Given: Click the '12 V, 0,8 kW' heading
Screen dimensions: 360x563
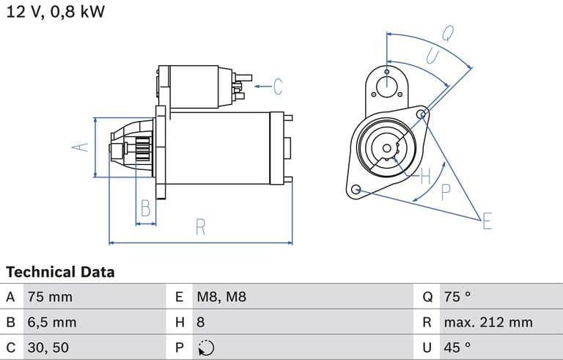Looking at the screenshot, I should (56, 12).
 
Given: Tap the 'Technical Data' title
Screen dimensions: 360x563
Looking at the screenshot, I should (60, 272).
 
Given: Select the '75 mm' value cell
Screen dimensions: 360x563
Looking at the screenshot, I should (51, 298).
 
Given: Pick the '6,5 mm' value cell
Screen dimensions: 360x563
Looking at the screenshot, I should (52, 323).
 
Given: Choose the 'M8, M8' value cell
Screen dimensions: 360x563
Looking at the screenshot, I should (221, 298).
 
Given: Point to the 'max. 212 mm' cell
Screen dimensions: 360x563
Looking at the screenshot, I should (488, 323).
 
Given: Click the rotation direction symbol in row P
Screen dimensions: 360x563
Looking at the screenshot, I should (205, 348).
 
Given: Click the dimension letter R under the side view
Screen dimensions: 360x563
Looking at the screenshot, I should (200, 227).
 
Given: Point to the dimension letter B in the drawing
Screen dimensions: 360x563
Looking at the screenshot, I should (146, 209).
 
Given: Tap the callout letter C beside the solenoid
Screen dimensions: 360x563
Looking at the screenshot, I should (277, 87).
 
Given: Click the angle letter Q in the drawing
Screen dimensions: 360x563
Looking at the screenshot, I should (447, 33).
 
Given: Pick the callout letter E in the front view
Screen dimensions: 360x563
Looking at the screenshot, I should (487, 221).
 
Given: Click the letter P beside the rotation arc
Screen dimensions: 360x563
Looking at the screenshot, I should (445, 192).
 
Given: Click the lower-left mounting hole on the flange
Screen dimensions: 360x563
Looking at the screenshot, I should (357, 190).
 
